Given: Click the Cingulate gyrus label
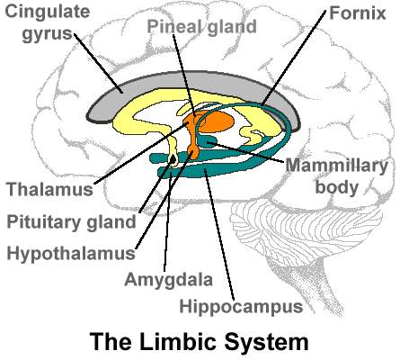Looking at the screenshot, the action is pyautogui.click(x=48, y=22).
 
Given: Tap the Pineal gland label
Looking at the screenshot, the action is pyautogui.click(x=201, y=26).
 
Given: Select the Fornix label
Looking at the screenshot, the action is pyautogui.click(x=358, y=13).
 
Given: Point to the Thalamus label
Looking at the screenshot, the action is pyautogui.click(x=50, y=189).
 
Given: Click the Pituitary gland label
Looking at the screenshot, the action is pyautogui.click(x=71, y=222).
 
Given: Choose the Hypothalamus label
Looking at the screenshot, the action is pyautogui.click(x=71, y=254).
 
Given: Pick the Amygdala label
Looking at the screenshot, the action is pyautogui.click(x=169, y=280).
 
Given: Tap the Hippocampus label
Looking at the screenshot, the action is pyautogui.click(x=241, y=307).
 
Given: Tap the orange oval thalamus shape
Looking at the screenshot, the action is pyautogui.click(x=217, y=121).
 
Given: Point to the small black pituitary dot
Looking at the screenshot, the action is pyautogui.click(x=173, y=160).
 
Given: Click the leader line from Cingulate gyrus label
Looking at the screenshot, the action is pyautogui.click(x=98, y=63).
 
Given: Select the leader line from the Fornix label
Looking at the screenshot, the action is pyautogui.click(x=294, y=58).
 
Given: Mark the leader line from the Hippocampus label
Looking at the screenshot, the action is pyautogui.click(x=219, y=235).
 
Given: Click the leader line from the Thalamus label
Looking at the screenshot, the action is pyautogui.click(x=141, y=153).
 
